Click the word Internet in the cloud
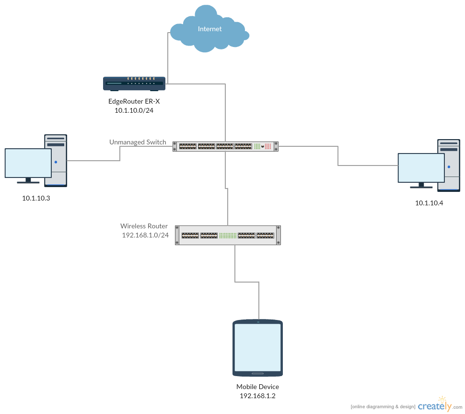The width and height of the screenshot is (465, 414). coord(210,29)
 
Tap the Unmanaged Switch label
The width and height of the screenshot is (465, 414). coord(138,142)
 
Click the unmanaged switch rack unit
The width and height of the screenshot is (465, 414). coord(225,146)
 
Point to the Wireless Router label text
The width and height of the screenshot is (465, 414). coord(144,226)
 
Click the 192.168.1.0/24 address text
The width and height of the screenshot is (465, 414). coord(145,235)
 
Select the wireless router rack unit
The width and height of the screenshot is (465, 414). coord(228,235)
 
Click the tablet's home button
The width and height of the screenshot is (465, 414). coord(257,373)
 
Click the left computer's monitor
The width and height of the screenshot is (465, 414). coord(28,163)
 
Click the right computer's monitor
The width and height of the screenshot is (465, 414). coord(421,168)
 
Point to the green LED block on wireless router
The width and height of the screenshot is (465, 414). coord(228,235)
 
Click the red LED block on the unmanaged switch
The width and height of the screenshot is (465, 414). coord(268,146)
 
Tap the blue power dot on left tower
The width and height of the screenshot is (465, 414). coord(56,162)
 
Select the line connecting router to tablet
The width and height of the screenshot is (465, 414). coord(235,264)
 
